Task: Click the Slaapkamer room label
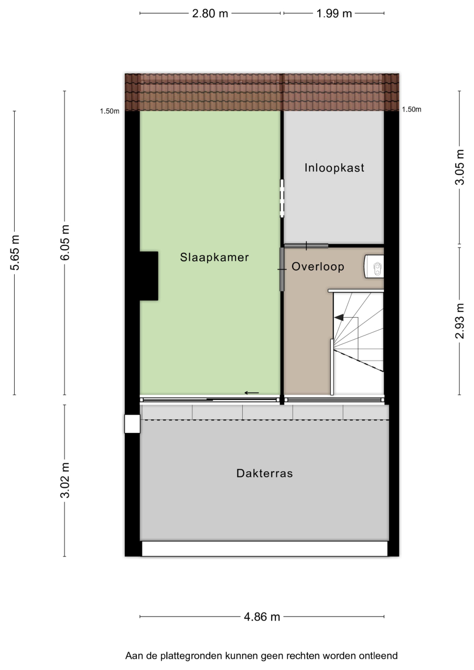coord(214,257)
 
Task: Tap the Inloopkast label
coord(335,168)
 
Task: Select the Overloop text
coord(318,266)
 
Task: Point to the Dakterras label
coord(265,473)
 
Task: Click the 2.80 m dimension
coord(210,14)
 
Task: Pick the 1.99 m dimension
coord(334,14)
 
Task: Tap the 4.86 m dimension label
coord(262,617)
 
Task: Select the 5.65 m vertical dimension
coord(15,253)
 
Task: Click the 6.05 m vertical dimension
coord(64,242)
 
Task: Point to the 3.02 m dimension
coord(64,481)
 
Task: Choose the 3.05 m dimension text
coord(460,167)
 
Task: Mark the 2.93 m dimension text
coord(460,321)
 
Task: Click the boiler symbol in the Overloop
coord(374,266)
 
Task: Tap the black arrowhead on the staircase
coord(339,317)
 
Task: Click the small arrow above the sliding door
coord(252,393)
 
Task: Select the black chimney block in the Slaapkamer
coord(149,276)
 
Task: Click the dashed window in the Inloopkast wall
coord(282,198)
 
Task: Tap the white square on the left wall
coord(133,423)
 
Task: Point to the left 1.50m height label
coord(110,111)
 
